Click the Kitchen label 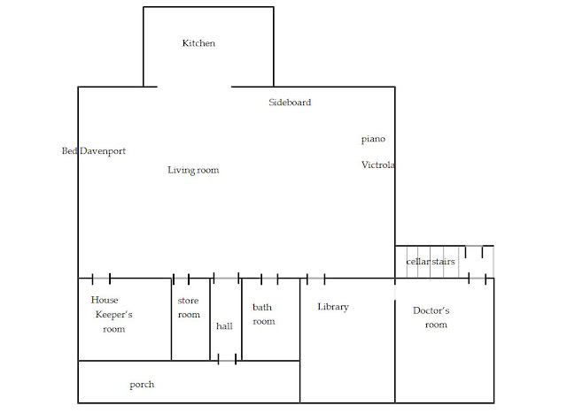tap(198, 43)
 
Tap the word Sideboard tap(290, 103)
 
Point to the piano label tap(373, 140)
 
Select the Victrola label tap(378, 165)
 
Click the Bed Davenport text tap(94, 151)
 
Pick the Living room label tap(193, 170)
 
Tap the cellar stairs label tap(431, 262)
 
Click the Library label tap(333, 307)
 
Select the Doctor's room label tap(431, 317)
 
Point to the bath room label tap(264, 315)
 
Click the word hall tap(224, 326)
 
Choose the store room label tap(189, 308)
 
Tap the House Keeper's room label tap(112, 315)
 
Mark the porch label tap(142, 385)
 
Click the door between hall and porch tap(227, 360)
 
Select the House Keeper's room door tap(101, 279)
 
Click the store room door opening tap(181, 279)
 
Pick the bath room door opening tap(269, 279)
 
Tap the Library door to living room tap(315, 279)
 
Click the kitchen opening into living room tap(194, 87)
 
